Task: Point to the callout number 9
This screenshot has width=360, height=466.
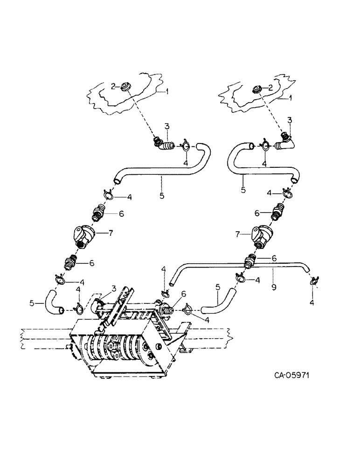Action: (x=273, y=287)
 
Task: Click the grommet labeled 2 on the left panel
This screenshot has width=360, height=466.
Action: (x=126, y=87)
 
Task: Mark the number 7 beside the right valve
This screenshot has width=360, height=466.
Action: (x=238, y=233)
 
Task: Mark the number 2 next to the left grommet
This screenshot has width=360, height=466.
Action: (x=113, y=85)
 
